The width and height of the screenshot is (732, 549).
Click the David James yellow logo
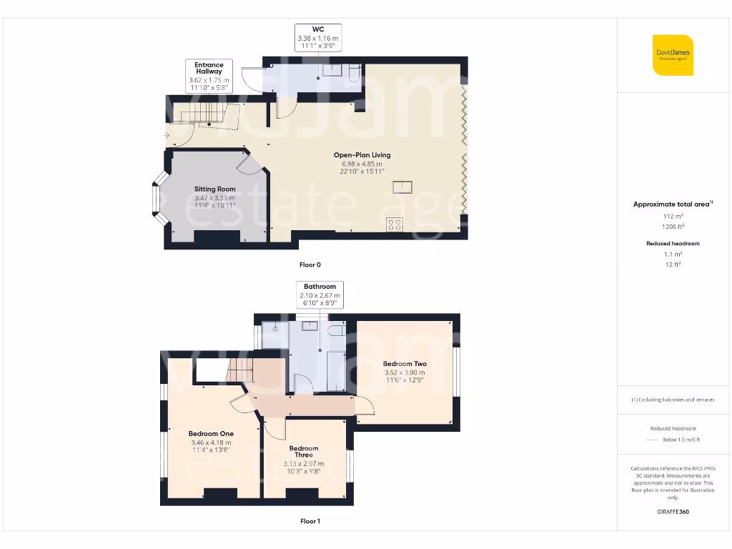(x=673, y=54)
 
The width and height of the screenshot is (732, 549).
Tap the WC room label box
(x=318, y=37)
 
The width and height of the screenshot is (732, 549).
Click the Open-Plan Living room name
(x=363, y=154)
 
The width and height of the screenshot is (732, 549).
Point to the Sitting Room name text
(x=215, y=189)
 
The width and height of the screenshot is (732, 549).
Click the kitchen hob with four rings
(x=394, y=225)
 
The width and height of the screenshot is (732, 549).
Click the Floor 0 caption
(x=310, y=264)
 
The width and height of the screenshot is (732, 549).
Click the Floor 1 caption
(x=310, y=521)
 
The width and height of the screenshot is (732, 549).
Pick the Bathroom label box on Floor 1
(x=320, y=295)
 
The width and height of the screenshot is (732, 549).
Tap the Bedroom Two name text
(x=405, y=363)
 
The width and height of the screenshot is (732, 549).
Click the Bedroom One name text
(x=211, y=433)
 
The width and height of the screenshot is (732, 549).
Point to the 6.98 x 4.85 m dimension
(x=363, y=164)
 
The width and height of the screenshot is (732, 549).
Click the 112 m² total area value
(x=673, y=215)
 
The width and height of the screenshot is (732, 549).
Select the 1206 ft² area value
(x=673, y=225)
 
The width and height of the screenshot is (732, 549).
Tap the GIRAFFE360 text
(x=673, y=512)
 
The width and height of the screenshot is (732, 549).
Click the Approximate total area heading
(x=673, y=204)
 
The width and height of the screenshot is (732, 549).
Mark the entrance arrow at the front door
(x=167, y=135)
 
